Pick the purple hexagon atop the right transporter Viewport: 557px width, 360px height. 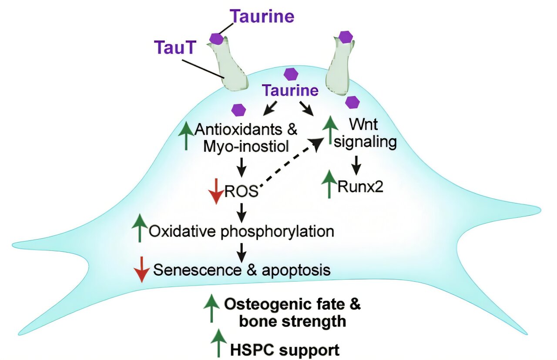click(x=346, y=37)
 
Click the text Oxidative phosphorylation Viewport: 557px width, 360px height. click(x=242, y=231)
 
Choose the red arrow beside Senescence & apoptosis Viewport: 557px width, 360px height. click(x=141, y=269)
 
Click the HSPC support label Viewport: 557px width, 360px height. click(x=285, y=349)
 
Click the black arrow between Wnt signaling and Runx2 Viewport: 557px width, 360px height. click(x=356, y=163)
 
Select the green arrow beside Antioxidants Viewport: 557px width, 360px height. click(x=186, y=136)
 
